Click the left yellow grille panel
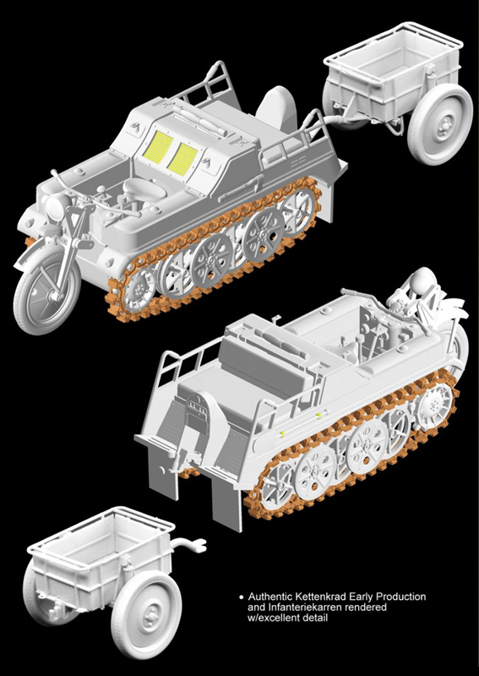161,147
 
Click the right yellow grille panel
182,159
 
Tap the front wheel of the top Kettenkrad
47,292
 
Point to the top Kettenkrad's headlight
55,206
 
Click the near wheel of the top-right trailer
440,124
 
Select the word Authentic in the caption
270,597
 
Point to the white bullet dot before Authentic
241,598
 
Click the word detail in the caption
317,618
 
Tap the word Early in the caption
362,598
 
